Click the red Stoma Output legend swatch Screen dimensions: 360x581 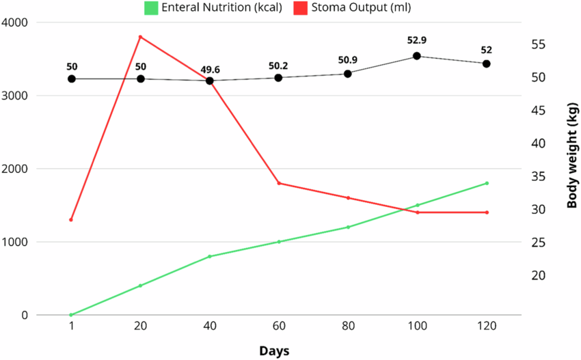tap(300, 8)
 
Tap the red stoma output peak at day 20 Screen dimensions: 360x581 tap(140, 37)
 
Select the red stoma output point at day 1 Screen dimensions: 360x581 tap(71, 220)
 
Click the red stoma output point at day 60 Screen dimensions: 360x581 tap(279, 183)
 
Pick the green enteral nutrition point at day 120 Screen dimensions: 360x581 tap(487, 183)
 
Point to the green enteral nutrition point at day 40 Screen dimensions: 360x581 tap(210, 256)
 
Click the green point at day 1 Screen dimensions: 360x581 tap(71, 315)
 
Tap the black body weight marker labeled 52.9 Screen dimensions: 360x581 tap(417, 56)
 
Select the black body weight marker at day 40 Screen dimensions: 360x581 tap(210, 81)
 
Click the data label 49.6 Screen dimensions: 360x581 tap(210, 69)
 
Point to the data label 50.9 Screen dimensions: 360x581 tap(348, 60)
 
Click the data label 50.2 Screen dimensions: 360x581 tap(279, 66)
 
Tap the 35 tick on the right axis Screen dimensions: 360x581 tap(539, 176)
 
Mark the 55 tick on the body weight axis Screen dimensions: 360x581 tap(539, 44)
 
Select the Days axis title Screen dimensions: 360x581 tap(274, 351)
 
